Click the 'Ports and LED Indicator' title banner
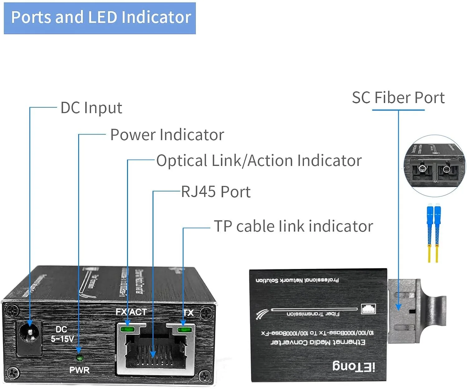(100, 18)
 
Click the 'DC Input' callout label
(91, 108)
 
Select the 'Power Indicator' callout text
(167, 135)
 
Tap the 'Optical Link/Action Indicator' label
(259, 161)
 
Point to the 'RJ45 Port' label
(216, 192)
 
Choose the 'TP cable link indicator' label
(293, 226)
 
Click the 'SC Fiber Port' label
(398, 98)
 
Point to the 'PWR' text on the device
(79, 370)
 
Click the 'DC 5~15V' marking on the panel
(62, 334)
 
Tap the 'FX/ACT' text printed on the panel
(131, 312)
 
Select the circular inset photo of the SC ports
(435, 166)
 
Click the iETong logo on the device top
(354, 366)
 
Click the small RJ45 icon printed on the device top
(368, 309)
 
